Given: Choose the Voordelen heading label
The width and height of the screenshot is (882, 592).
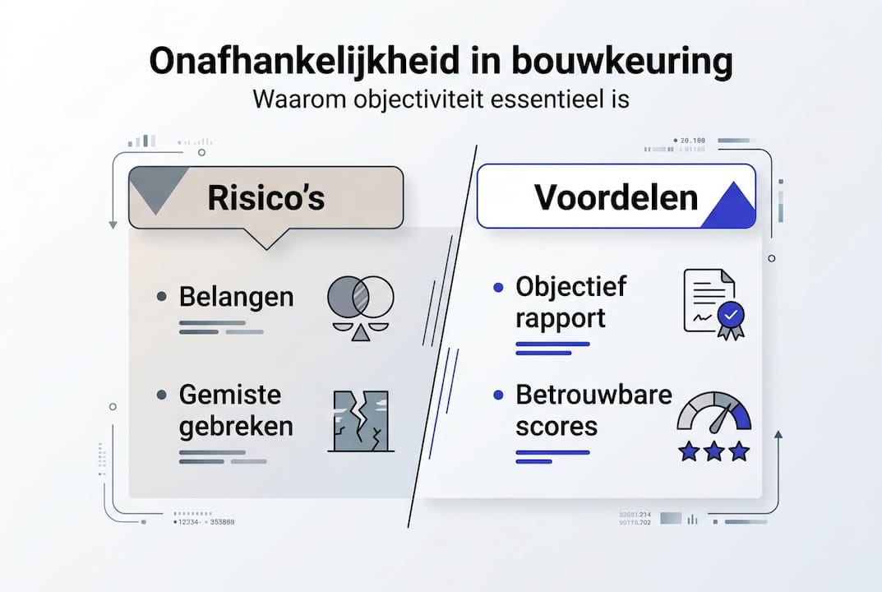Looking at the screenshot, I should coord(616,197).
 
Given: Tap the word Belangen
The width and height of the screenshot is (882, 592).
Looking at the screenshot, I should coord(236,297).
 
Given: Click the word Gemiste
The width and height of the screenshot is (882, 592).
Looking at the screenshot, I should coord(229,395).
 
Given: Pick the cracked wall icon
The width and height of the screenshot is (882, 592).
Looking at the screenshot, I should coord(360,420).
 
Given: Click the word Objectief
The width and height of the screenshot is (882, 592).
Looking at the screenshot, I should coord(570,286).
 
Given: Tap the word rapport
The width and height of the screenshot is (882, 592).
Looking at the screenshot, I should coord(560,318).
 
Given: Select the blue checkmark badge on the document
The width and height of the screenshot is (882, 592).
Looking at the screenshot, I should coord(729,315).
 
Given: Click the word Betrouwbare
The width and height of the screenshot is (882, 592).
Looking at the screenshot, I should coord(593,395).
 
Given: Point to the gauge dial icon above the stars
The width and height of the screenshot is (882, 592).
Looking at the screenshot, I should coord(713,411).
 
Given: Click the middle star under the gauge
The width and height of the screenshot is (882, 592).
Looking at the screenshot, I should coord(713,451).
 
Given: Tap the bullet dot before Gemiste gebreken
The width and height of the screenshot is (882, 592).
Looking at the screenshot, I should coord(162,395).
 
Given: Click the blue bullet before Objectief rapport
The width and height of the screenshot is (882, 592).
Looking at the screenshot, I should coord(497,287).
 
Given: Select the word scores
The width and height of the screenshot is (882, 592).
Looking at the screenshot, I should coord(556,427).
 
